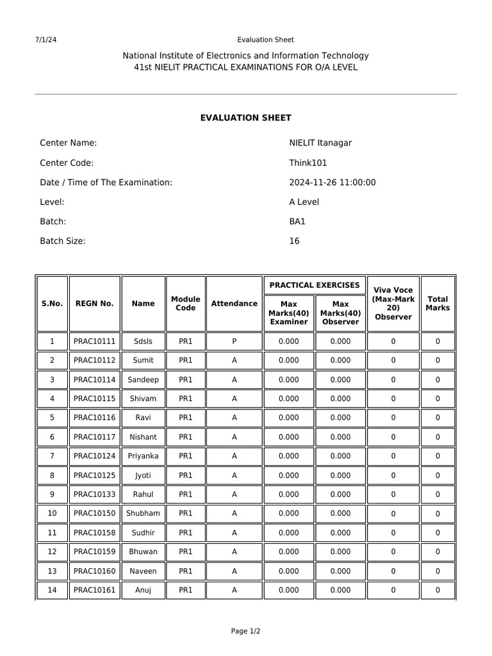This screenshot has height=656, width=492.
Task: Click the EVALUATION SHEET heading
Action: point(245,118)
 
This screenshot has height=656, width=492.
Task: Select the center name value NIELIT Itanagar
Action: point(320,143)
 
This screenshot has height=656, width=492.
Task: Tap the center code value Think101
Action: point(308,163)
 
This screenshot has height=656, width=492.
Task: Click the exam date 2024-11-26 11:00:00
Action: point(332,183)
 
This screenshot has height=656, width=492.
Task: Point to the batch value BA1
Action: point(297,222)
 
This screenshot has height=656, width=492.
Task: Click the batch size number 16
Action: point(294,242)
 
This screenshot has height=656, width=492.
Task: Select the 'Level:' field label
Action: point(52,202)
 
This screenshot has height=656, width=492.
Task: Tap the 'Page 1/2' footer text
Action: point(245,631)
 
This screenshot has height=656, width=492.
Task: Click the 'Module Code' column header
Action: point(185,304)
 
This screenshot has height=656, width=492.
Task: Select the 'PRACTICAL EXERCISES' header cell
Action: point(315,285)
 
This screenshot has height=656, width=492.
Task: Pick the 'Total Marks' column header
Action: point(438,304)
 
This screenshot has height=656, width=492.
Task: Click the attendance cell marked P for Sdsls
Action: point(234,341)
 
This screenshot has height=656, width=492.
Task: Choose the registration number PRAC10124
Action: point(94,456)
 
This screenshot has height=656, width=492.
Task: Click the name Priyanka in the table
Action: point(143,456)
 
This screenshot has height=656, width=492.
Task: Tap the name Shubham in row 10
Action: point(143,513)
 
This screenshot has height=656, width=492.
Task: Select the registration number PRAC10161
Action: point(94,590)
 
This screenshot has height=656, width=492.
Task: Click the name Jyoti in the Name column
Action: point(143,475)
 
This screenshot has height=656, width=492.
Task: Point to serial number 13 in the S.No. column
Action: point(52,571)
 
